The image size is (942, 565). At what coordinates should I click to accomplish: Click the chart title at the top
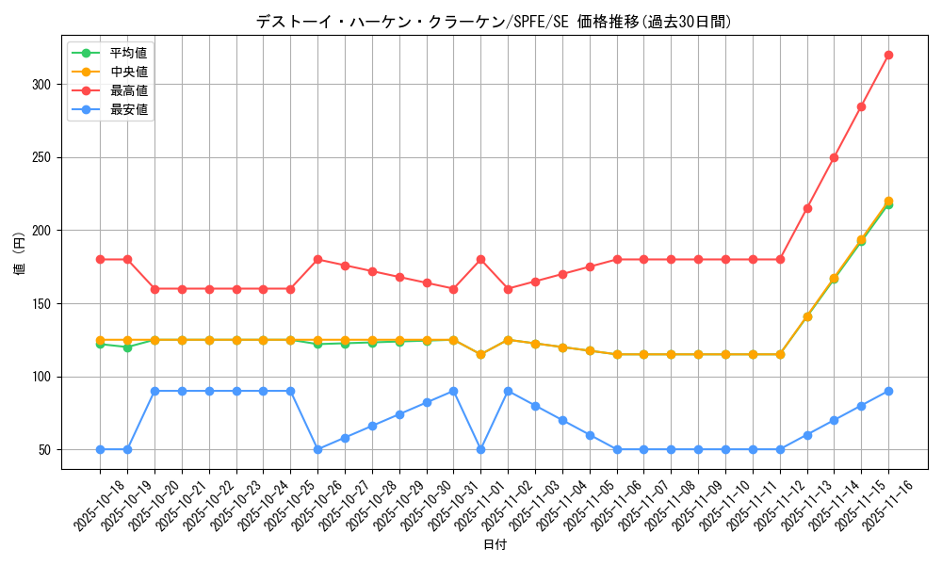click(494, 22)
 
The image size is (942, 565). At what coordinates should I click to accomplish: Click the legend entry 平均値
click(128, 53)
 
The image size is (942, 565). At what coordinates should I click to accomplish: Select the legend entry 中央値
click(128, 72)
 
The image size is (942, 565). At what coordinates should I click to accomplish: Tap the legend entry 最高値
click(128, 90)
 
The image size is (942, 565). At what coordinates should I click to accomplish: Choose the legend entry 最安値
click(128, 109)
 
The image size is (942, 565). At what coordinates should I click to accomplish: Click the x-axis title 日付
click(495, 545)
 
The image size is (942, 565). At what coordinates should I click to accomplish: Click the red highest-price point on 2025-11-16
click(888, 55)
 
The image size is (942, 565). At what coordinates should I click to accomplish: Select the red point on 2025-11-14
click(834, 157)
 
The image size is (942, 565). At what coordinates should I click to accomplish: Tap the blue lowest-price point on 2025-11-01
click(480, 449)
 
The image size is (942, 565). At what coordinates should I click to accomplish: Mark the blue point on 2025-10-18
click(100, 449)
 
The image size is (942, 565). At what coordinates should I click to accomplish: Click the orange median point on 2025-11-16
click(888, 201)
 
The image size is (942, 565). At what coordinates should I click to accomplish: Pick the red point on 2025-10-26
click(317, 259)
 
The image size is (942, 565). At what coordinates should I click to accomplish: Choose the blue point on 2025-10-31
click(453, 391)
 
